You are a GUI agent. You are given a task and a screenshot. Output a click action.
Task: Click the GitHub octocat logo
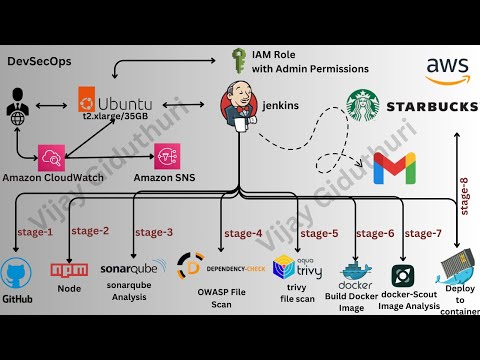click(18, 273)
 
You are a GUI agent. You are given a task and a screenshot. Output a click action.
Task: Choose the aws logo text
click(447, 70)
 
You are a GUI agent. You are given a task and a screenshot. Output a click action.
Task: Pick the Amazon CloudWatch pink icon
click(52, 156)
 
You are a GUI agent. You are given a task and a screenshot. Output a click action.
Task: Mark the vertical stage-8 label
click(463, 195)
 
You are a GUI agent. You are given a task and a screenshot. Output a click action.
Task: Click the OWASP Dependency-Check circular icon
click(190, 266)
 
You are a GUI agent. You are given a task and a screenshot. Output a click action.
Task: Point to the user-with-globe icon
click(18, 105)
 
